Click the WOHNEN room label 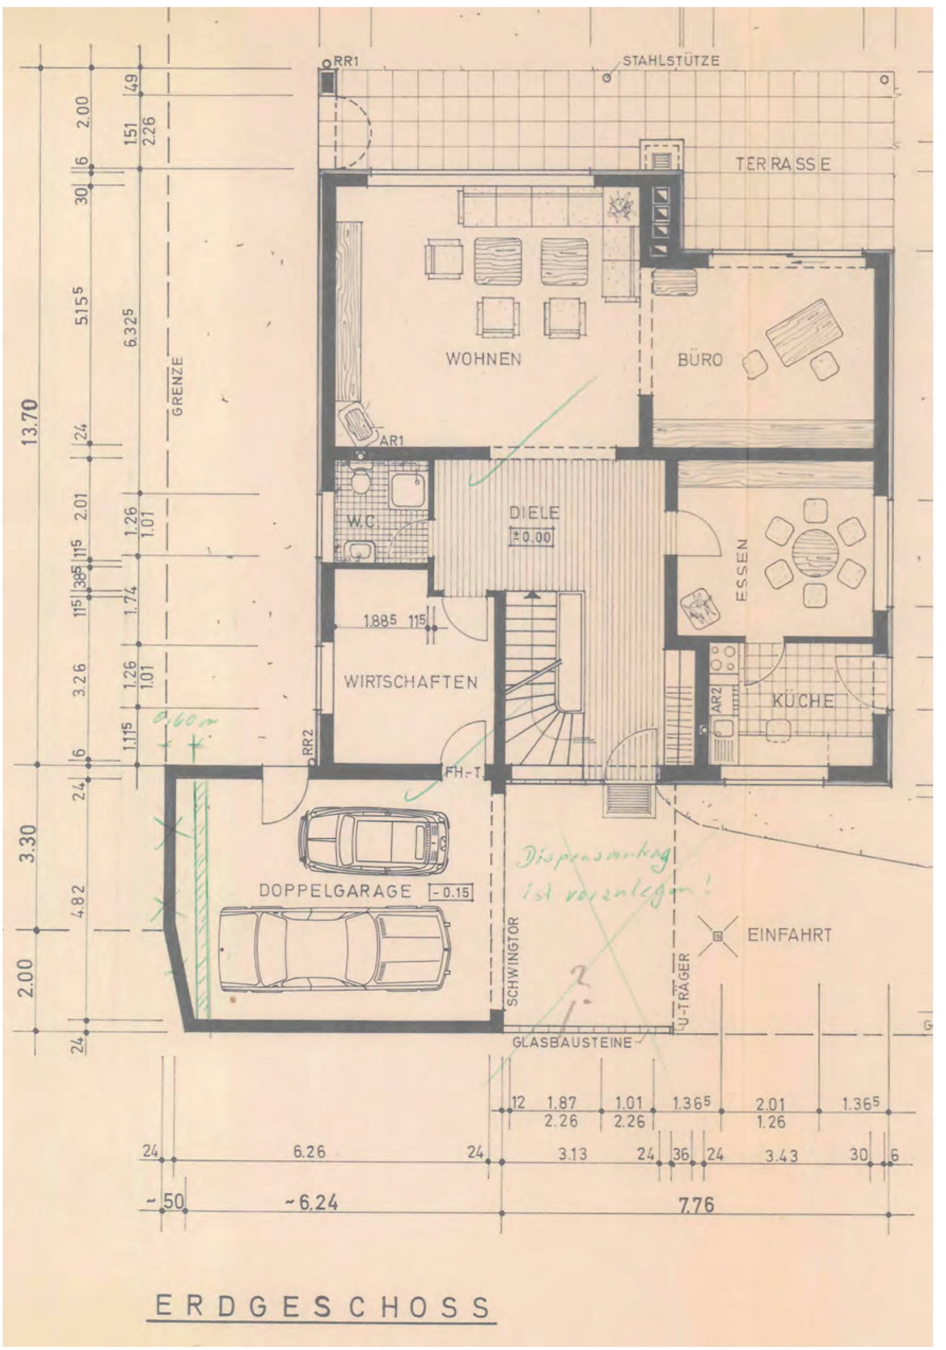pyautogui.click(x=483, y=359)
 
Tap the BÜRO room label pyautogui.click(x=700, y=360)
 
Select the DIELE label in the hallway pyautogui.click(x=534, y=513)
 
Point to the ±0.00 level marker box pyautogui.click(x=533, y=537)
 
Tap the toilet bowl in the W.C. pyautogui.click(x=359, y=483)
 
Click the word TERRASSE pyautogui.click(x=783, y=165)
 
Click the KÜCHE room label pyautogui.click(x=803, y=701)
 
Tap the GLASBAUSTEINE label pyautogui.click(x=572, y=1043)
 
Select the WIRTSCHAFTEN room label pyautogui.click(x=410, y=682)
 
